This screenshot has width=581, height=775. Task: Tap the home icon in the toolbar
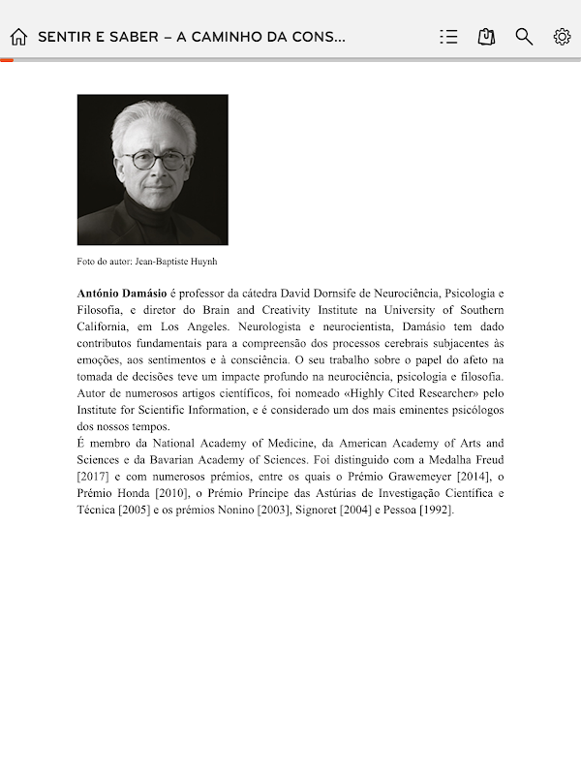(x=18, y=37)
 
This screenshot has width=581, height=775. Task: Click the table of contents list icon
(x=448, y=37)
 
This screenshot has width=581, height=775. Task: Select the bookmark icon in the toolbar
(x=486, y=37)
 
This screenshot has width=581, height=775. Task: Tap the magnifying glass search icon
(x=524, y=37)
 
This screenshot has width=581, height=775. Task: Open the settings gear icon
(x=562, y=37)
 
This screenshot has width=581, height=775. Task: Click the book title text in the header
(x=191, y=37)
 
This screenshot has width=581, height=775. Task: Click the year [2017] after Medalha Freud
(x=93, y=476)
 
